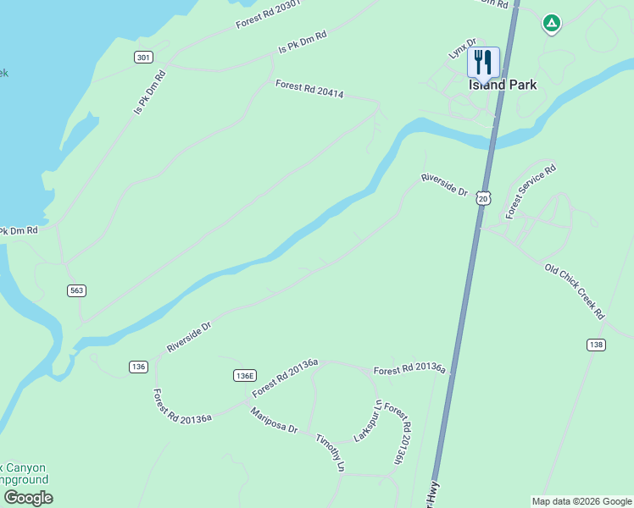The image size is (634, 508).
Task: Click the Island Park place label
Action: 503,85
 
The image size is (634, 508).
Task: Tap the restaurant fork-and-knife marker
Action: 483,62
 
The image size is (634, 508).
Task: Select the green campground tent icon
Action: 551,24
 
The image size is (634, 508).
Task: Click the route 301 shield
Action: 143,58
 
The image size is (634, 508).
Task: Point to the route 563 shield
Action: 77,290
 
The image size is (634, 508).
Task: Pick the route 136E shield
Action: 244,375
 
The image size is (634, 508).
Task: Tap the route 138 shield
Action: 596,345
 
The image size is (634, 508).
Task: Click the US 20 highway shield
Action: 483,197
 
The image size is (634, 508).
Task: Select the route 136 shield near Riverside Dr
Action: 139,367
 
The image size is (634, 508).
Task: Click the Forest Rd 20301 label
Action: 269,14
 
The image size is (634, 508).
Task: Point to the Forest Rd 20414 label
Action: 309,89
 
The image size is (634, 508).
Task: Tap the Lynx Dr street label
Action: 463,47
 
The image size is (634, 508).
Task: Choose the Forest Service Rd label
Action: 531,192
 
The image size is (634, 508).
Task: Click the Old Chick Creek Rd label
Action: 575,291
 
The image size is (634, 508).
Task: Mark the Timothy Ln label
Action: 331,453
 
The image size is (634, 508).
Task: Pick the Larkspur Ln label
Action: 369,421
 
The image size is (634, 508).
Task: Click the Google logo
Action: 28,498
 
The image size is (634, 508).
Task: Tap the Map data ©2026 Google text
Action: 581,501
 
